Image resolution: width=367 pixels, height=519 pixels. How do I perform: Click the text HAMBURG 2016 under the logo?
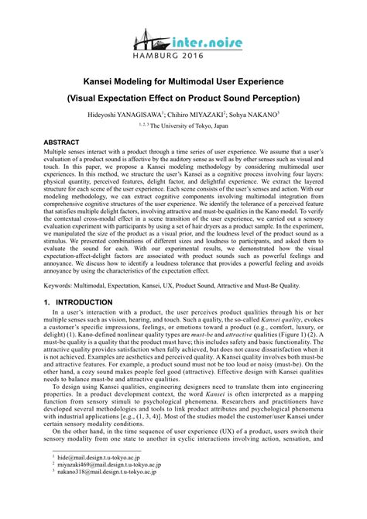(x=183, y=56)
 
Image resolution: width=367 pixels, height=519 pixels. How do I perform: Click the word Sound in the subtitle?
(x=228, y=98)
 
